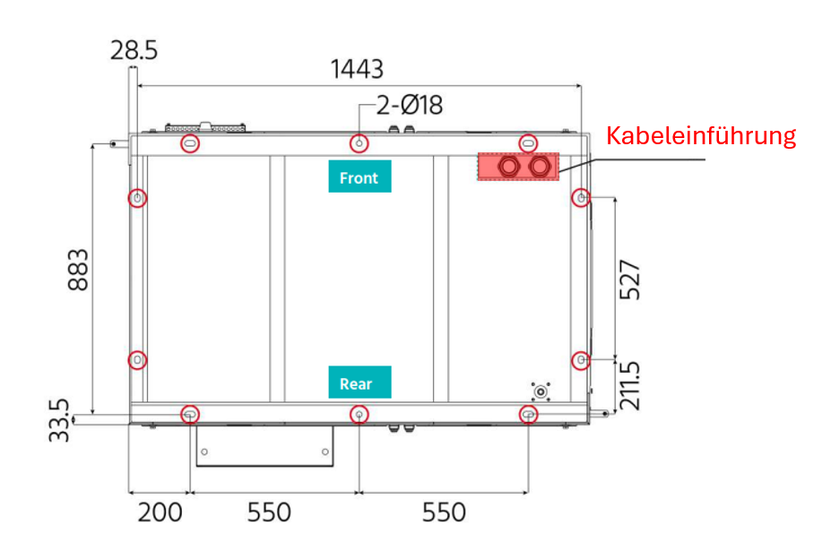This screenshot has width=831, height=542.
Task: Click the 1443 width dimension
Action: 357,69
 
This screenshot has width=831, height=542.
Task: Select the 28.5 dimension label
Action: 134,51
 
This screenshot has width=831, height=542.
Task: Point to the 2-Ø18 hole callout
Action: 409,105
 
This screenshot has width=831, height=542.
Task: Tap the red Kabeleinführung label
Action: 701,135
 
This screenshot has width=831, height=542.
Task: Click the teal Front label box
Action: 359,176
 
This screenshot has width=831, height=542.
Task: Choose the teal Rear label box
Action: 359,382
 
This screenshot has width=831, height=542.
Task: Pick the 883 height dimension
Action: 78,270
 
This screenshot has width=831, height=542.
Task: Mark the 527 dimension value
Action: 630,280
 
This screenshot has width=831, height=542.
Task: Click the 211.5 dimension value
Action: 630,386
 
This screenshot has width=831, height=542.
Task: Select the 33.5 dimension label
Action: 59,421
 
